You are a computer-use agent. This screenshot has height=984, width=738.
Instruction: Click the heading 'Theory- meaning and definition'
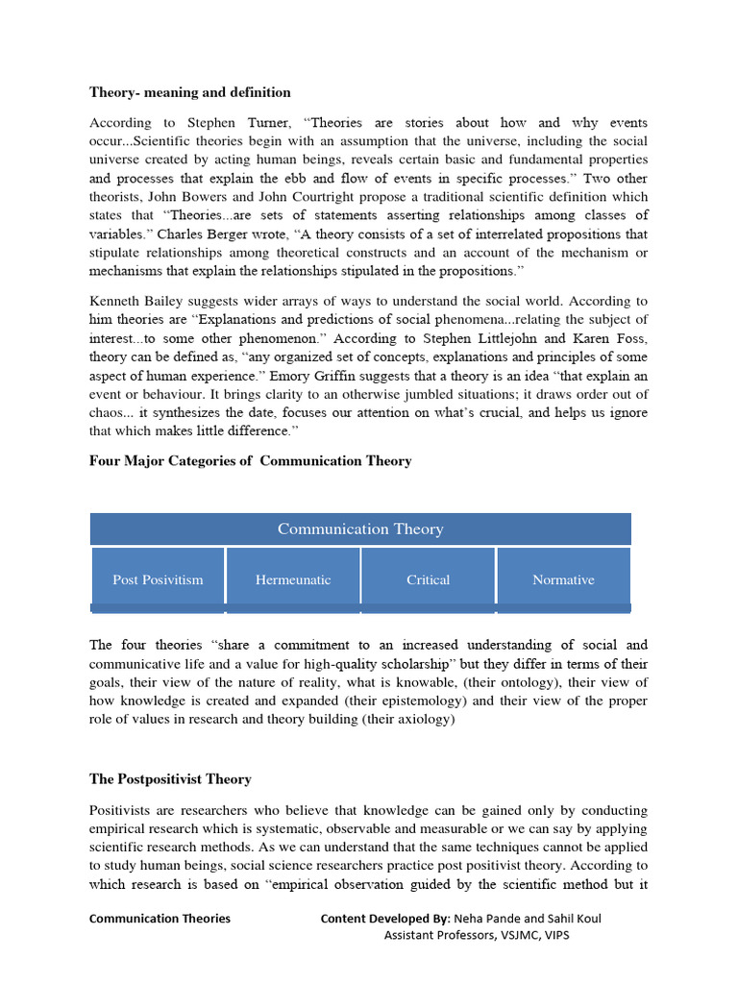point(190,93)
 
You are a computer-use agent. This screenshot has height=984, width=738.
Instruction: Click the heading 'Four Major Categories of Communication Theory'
point(251,461)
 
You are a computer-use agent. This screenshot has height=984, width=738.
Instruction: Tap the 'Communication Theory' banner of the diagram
point(360,529)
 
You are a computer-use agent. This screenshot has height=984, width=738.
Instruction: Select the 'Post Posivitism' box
point(159,579)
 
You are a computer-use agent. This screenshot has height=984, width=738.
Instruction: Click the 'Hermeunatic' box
point(293,579)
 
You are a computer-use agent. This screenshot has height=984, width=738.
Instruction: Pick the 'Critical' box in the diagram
point(429,579)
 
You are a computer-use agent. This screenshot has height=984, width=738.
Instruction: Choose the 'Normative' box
point(563,579)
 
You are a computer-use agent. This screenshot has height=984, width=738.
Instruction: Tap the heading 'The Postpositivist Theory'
point(170,779)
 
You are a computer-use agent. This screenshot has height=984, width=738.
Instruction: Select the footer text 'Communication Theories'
point(160,919)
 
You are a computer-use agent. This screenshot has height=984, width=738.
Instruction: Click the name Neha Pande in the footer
point(485,919)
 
